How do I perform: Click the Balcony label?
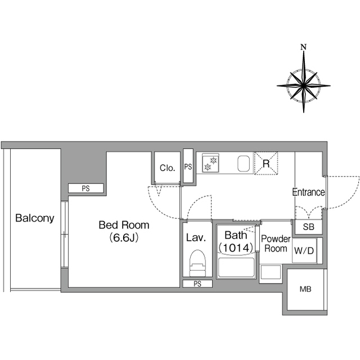tap(35, 218)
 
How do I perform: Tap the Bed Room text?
tap(124, 225)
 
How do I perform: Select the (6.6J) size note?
tap(124, 238)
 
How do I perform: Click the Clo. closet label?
tap(168, 168)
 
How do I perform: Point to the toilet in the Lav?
tap(197, 263)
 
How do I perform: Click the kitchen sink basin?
tap(244, 164)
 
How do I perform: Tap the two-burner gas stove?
tap(210, 163)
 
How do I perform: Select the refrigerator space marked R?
tap(266, 163)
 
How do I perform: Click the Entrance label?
tap(309, 192)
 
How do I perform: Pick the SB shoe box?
tap(308, 227)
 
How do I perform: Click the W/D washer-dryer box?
tap(304, 250)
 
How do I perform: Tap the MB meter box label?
tap(305, 289)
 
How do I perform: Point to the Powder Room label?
tap(276, 244)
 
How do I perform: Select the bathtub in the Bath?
tap(236, 268)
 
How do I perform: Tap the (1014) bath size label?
tap(236, 247)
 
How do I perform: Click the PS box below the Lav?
tap(197, 283)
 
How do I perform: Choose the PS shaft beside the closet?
tap(188, 166)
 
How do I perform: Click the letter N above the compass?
tap(304, 47)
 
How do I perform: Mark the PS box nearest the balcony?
tap(86, 188)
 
